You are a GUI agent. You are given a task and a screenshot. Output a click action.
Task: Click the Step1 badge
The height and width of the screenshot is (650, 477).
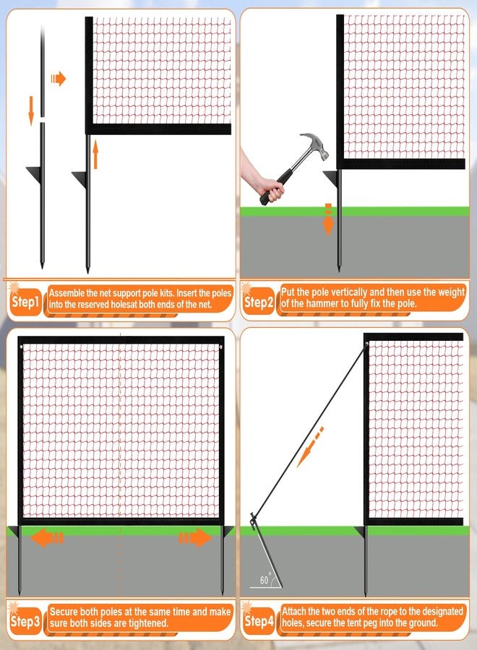coord(25,302)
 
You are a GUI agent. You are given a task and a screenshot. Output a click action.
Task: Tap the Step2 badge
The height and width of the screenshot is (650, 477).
coord(259,302)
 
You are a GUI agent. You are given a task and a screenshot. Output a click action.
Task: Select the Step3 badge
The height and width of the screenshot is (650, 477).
coord(25,621)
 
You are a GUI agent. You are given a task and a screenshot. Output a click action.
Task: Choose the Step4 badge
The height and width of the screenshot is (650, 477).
coord(259,621)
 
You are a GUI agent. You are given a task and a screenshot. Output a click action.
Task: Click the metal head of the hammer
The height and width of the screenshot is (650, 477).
coord(315,145)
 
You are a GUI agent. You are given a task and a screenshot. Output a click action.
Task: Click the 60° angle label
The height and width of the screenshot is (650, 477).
coord(265,579)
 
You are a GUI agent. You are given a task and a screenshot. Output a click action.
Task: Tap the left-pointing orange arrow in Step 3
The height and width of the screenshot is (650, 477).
coord(47,538)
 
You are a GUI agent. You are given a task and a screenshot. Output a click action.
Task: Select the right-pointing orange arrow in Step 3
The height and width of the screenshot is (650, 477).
coord(195,537)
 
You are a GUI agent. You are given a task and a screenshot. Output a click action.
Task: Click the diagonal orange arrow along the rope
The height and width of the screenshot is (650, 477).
coord(310,447)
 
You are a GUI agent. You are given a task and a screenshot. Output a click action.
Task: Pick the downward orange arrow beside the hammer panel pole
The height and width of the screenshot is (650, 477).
coord(328,220)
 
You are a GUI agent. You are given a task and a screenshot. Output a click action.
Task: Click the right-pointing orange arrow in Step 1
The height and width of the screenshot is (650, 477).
coord(59,78)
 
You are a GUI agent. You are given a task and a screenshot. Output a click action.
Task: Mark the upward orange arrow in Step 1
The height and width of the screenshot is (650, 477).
coord(95,155)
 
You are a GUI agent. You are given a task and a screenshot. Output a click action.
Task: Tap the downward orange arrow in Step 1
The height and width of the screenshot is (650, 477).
coord(31,110)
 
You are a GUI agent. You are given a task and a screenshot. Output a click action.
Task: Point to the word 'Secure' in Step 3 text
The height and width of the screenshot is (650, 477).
coord(64,612)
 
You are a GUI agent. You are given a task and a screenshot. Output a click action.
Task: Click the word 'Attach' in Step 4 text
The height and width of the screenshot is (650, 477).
coord(293,611)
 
